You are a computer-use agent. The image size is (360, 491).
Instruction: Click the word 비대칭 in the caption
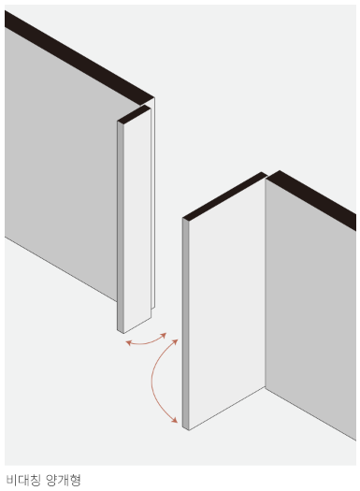coord(23,480)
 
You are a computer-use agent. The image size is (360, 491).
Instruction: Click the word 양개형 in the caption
coord(64,480)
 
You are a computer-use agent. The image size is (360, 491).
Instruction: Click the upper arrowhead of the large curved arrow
coord(175,342)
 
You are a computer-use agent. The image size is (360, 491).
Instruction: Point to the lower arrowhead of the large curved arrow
coord(175,420)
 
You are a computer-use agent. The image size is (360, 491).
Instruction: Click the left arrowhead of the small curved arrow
coord(128,343)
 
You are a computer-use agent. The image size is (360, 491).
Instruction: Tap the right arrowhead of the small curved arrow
coord(164,336)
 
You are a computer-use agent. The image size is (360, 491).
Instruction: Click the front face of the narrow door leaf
coord(137,219)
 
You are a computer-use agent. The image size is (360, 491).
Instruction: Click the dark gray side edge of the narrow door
coord(121,226)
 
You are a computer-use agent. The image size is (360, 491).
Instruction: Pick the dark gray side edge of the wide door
coord(186,324)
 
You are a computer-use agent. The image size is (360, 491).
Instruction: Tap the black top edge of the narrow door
coord(134,114)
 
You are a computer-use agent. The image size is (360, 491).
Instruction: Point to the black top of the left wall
coord(79,58)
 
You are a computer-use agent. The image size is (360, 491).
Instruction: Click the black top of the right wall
coord(311,200)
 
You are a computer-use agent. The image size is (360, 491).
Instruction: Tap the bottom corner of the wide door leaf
coord(189,430)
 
